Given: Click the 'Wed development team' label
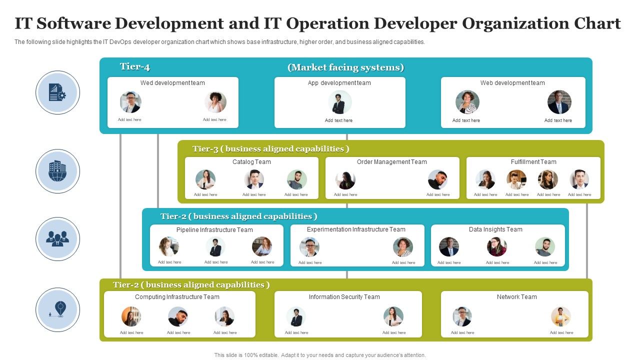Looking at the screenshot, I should [x=172, y=83].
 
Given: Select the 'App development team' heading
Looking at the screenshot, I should [x=339, y=83].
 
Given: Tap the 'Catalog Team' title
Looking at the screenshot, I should [x=251, y=162].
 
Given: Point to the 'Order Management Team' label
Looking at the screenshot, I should [x=392, y=162].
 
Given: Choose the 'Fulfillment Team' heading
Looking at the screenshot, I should [x=533, y=162].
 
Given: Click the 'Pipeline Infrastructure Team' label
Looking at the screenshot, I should [x=214, y=230].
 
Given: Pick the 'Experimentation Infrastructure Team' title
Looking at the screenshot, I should [x=356, y=229].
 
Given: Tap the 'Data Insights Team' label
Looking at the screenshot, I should [x=495, y=229].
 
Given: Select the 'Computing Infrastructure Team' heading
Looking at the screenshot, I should [x=177, y=297].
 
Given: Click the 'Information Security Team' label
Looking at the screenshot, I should [x=344, y=297].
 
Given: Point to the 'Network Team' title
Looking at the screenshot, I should [x=516, y=297].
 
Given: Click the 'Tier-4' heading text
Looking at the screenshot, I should [x=135, y=67].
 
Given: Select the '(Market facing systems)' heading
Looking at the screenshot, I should [x=346, y=67].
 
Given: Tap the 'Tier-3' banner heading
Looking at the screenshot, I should [x=270, y=149].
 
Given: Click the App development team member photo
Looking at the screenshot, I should [x=339, y=102].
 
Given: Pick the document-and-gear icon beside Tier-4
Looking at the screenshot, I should [x=57, y=92].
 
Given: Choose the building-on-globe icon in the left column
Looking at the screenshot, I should [x=57, y=171].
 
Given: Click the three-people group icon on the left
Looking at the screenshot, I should [x=57, y=239].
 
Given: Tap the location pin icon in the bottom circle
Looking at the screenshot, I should [x=59, y=309].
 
